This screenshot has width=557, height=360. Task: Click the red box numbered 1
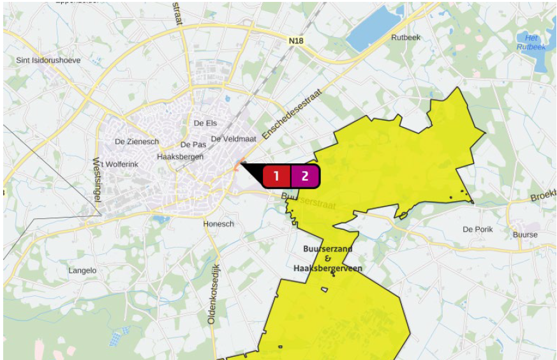[276, 176]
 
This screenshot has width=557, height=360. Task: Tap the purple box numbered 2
[305, 176]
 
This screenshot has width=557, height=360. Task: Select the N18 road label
[295, 41]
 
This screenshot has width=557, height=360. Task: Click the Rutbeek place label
[406, 37]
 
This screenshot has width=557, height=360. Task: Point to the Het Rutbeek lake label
[531, 42]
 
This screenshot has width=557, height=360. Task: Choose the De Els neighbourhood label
[205, 123]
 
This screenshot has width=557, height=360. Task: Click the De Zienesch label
[137, 141]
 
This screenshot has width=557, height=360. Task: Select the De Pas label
[193, 145]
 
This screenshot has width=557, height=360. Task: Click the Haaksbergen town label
[180, 156]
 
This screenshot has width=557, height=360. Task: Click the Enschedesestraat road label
[292, 115]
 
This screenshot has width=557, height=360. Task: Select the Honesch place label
[218, 224]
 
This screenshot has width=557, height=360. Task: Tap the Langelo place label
[82, 271]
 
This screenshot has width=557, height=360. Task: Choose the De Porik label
[478, 229]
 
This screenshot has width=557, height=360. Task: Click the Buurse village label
[525, 234]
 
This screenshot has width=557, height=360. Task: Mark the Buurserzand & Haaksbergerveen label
[327, 259]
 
